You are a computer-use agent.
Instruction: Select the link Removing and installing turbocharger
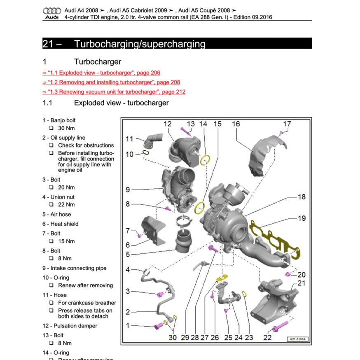(111, 82)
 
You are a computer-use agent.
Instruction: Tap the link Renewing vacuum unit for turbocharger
(114, 92)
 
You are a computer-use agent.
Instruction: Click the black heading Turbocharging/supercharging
(140, 44)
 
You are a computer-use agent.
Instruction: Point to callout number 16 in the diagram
(236, 124)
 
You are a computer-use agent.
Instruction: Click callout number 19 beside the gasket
(302, 218)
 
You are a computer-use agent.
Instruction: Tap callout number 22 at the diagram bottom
(267, 337)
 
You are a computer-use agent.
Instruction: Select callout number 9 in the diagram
(128, 190)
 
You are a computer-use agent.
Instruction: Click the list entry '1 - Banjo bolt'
(59, 120)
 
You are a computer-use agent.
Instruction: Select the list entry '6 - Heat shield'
(60, 224)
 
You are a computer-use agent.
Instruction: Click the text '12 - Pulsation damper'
(70, 326)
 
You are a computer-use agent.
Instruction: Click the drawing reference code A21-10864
(297, 339)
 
